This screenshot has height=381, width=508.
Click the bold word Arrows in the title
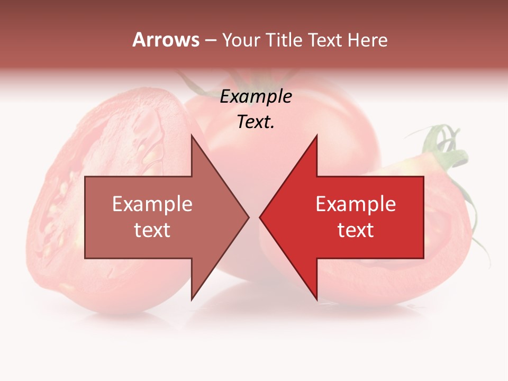point(166,40)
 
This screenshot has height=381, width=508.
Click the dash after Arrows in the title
point(210,41)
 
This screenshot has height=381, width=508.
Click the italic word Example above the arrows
point(256,97)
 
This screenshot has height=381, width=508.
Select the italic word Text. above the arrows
point(256,122)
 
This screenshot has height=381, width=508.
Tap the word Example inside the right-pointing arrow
point(152,204)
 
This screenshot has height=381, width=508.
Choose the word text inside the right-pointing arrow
point(152,230)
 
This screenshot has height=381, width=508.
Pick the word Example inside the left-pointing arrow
point(356,204)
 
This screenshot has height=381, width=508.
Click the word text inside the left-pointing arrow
point(356,230)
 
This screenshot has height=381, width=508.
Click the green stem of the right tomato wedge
point(447,148)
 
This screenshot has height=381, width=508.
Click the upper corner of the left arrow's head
point(192,136)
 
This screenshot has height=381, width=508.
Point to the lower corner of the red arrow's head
point(316,299)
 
